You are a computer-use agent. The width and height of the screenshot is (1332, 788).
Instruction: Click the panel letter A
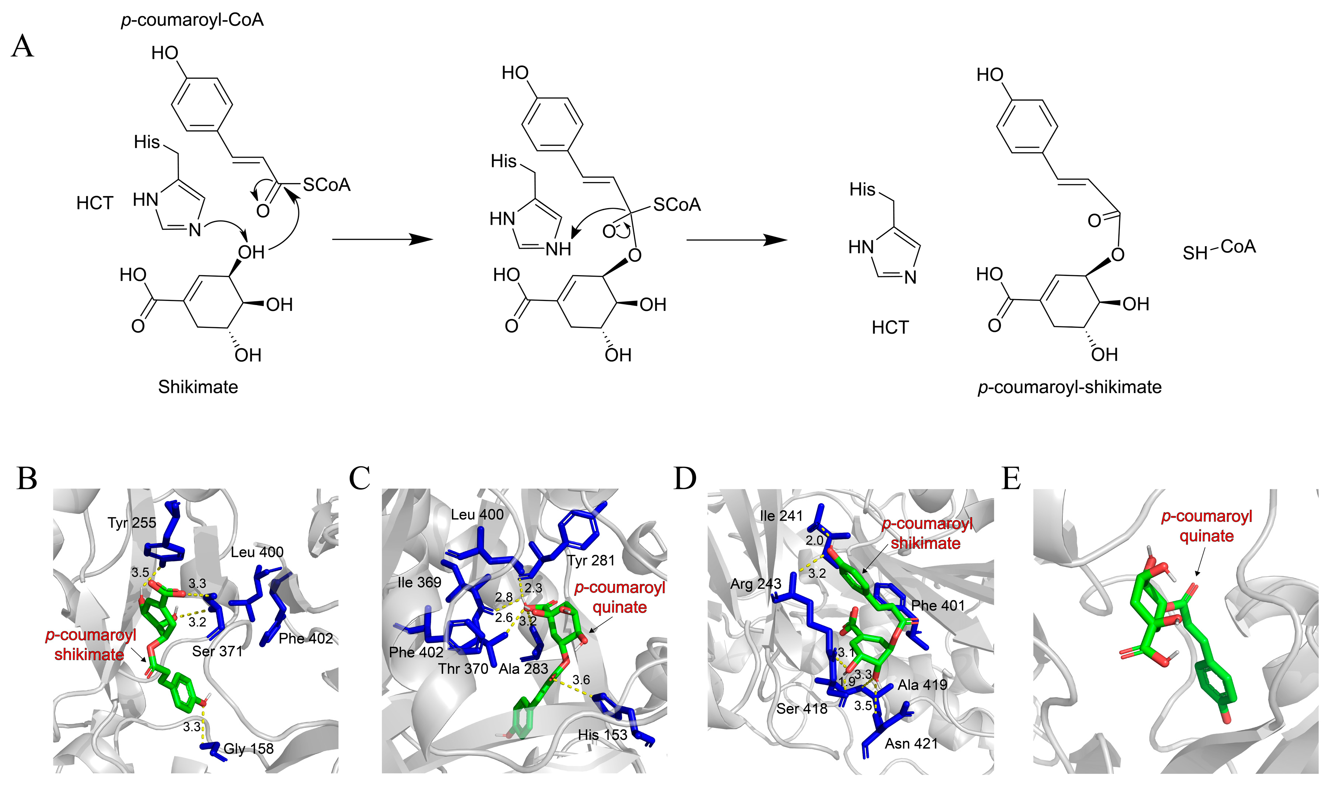(22, 47)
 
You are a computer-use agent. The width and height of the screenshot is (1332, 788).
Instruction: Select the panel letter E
(1011, 479)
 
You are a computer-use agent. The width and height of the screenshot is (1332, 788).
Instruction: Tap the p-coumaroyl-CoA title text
(192, 20)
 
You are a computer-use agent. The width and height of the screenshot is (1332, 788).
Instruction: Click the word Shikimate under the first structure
(198, 387)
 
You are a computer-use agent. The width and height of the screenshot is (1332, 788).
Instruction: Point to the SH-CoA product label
(1219, 249)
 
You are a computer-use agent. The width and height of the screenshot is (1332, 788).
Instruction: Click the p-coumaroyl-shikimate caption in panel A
(1069, 387)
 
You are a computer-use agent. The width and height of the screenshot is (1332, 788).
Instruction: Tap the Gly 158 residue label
(248, 749)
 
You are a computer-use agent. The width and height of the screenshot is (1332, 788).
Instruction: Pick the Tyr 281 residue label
(591, 560)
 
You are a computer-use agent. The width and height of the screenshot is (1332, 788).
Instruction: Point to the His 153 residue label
(602, 735)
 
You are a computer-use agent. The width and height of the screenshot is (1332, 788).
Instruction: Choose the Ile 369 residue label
(419, 582)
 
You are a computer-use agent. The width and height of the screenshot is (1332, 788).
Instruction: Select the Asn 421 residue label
(911, 744)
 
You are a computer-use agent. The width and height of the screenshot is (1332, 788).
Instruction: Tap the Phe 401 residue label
(938, 605)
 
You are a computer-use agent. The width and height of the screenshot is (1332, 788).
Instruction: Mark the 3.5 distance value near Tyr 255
(141, 572)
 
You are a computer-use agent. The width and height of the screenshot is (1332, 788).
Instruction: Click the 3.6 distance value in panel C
(581, 680)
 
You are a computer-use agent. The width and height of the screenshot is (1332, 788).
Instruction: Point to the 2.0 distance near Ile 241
(814, 540)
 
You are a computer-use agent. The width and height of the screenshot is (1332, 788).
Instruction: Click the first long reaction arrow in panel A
(382, 239)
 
